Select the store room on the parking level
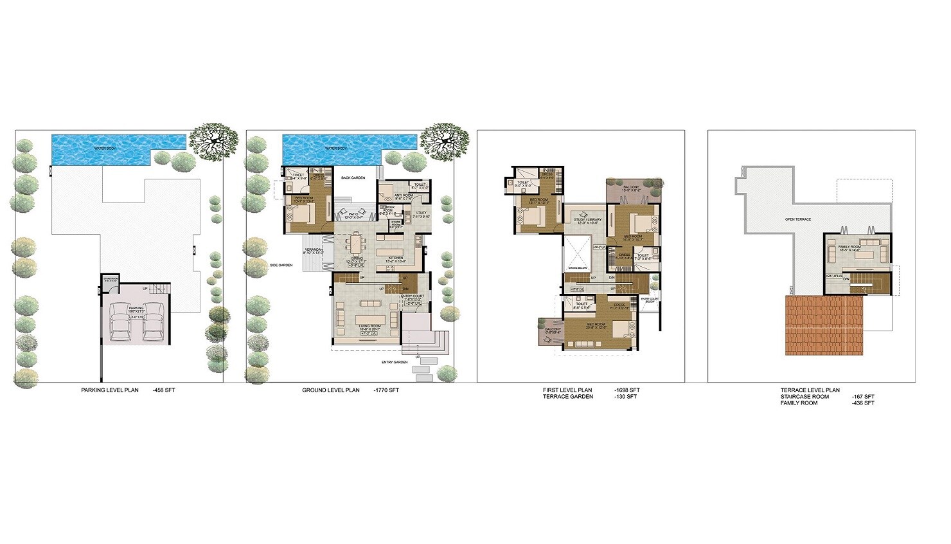click(111, 280)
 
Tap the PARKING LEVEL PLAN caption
click(110, 390)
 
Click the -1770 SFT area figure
click(386, 390)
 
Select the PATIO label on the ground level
click(353, 215)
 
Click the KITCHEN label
click(396, 258)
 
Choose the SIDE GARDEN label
click(281, 265)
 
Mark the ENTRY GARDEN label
click(395, 362)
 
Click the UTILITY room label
click(421, 213)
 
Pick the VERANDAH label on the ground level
click(314, 250)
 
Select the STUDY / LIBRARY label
click(588, 220)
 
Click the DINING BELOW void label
click(578, 267)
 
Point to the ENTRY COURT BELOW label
click(649, 300)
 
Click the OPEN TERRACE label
click(798, 219)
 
